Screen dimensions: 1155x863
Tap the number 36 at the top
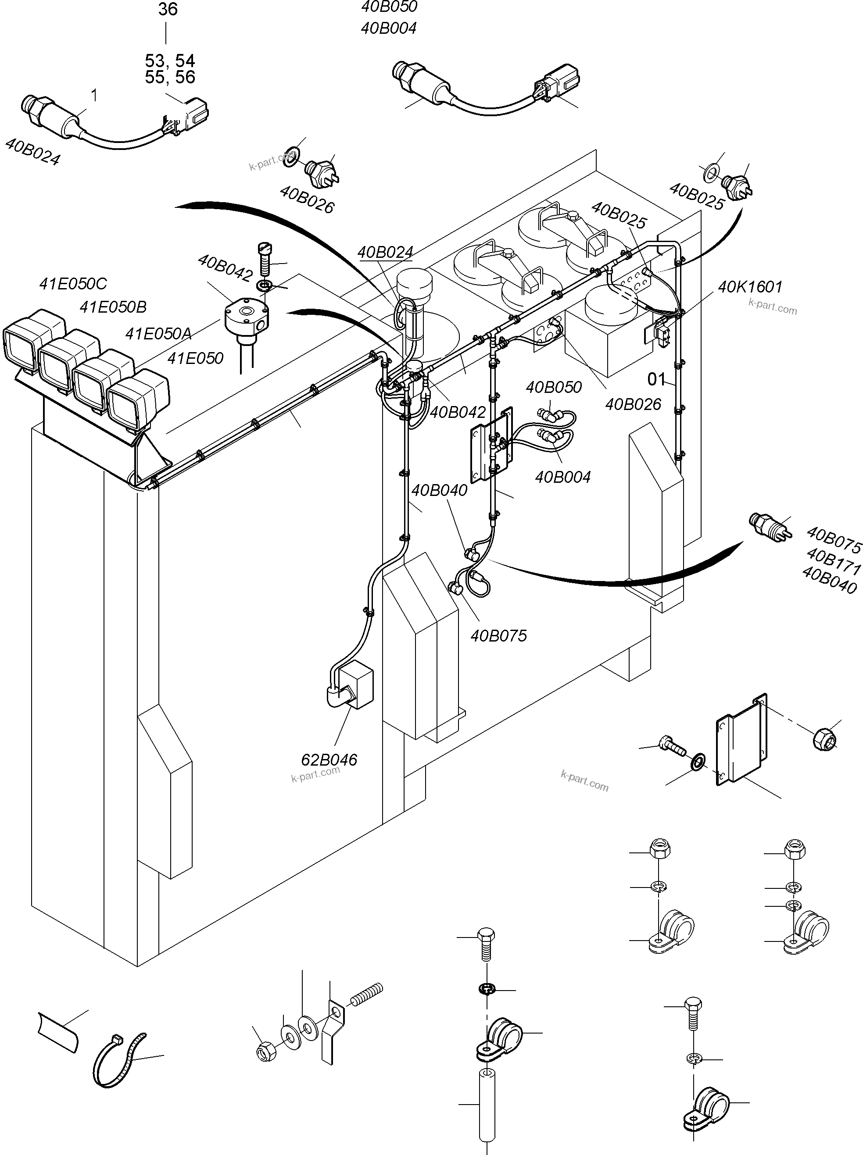pos(167,9)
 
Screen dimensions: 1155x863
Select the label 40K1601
pos(750,287)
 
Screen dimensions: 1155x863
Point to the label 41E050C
pos(73,284)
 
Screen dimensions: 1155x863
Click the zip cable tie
pos(119,1060)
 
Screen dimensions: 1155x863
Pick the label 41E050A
pos(158,333)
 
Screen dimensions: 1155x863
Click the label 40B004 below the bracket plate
pos(562,477)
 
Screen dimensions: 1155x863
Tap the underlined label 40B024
pos(385,252)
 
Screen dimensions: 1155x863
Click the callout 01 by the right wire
pos(656,379)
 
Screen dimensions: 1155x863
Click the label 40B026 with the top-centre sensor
pos(307,200)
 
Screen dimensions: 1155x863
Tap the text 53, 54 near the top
pos(170,61)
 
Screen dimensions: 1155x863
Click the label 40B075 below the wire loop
pos(498,635)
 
